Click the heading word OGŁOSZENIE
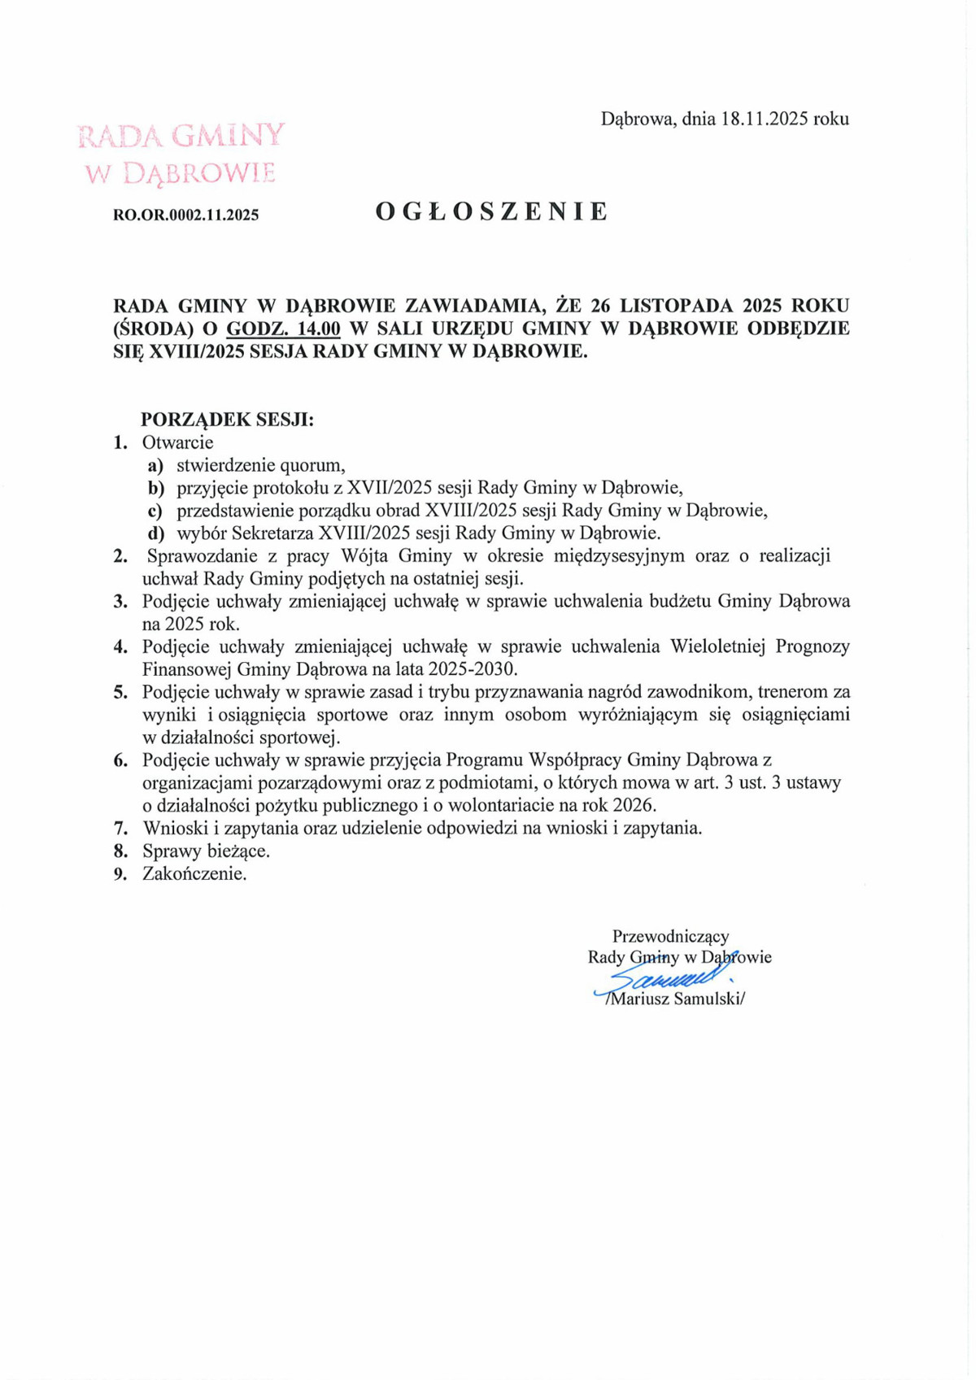coord(491,212)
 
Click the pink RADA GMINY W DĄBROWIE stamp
coord(181,153)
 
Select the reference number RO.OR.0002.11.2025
coord(185,215)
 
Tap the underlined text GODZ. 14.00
coord(283,329)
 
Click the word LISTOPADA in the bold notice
coord(673,307)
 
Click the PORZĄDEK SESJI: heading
coord(227,420)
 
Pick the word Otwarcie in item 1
coord(177,443)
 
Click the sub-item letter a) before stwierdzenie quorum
coord(155,466)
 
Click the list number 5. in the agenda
coord(121,692)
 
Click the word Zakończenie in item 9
coord(194,874)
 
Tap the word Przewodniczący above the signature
coord(670,936)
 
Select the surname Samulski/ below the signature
coord(708,999)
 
